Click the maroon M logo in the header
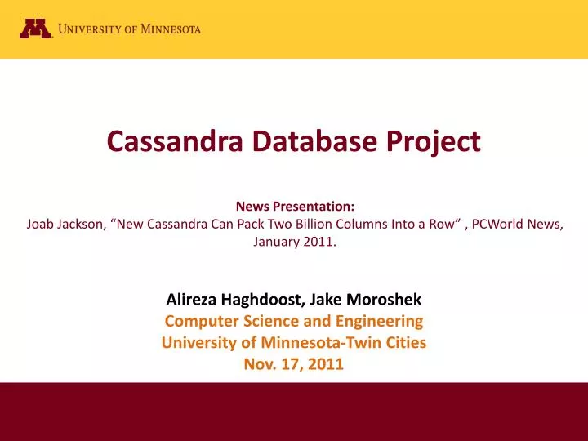pos(36,29)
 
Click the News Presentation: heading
pos(294,207)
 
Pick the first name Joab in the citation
pos(41,225)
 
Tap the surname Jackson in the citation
pos(82,225)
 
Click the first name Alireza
pos(192,300)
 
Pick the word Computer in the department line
pos(197,321)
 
